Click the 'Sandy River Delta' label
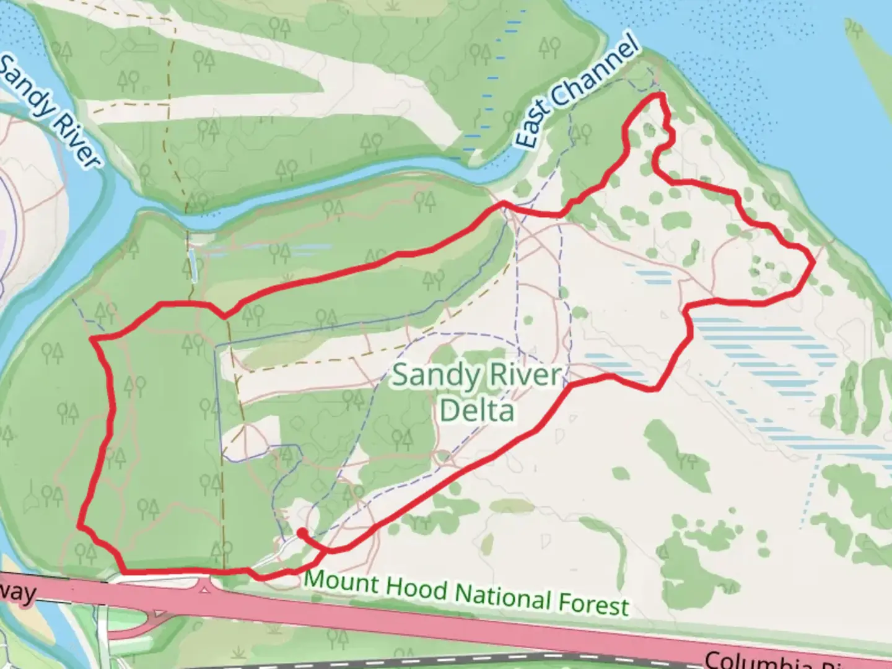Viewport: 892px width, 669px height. coord(476,393)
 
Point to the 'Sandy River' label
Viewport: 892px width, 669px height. coord(50,111)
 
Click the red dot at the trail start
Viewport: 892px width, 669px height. coord(302,532)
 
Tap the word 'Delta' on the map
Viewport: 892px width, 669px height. coord(476,411)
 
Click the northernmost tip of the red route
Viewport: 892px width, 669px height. coord(661,95)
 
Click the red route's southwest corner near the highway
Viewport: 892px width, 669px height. coord(124,571)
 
